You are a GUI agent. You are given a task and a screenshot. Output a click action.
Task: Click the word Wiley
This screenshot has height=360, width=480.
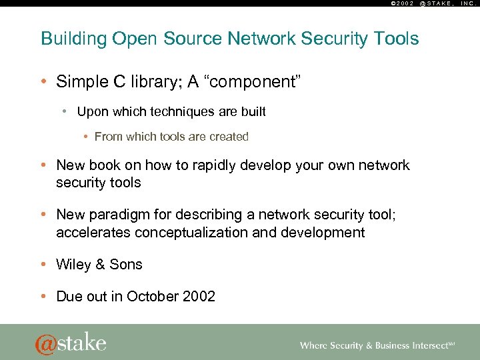coord(73,265)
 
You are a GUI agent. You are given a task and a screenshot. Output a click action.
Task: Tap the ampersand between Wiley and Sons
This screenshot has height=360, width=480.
coord(100,265)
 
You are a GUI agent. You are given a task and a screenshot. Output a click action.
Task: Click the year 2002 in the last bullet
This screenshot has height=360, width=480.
coord(199,297)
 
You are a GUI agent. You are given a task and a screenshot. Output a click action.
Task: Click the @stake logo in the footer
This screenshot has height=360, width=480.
coord(71,343)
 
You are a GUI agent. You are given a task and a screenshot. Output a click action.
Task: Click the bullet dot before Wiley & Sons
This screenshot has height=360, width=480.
coord(44,265)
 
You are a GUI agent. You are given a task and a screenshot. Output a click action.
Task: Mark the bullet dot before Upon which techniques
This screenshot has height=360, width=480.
coord(66,112)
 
